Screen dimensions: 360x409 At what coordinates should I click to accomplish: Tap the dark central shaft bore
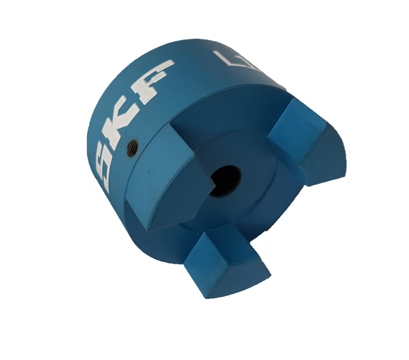pyautogui.click(x=225, y=180)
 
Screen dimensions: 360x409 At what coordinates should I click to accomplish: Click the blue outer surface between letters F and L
pyautogui.click(x=191, y=72)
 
